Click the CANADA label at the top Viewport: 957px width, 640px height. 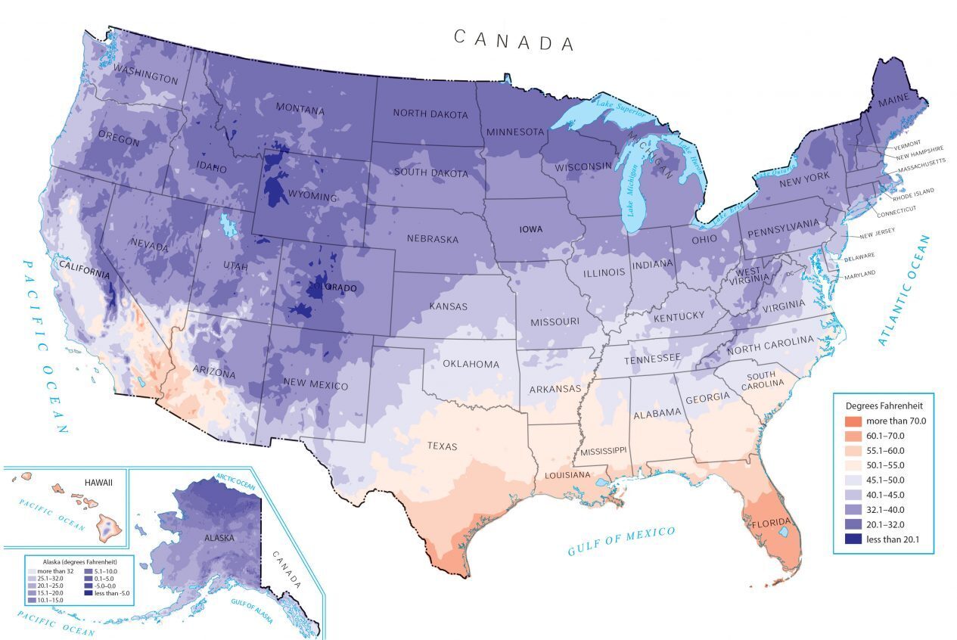(514, 40)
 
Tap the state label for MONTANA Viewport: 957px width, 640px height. (300, 110)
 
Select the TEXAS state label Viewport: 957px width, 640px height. (442, 446)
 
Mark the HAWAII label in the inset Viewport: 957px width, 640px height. (98, 482)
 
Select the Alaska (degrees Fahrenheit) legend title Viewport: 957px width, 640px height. (79, 562)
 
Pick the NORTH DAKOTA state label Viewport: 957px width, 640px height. (430, 114)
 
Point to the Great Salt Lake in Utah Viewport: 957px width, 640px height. (226, 225)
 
